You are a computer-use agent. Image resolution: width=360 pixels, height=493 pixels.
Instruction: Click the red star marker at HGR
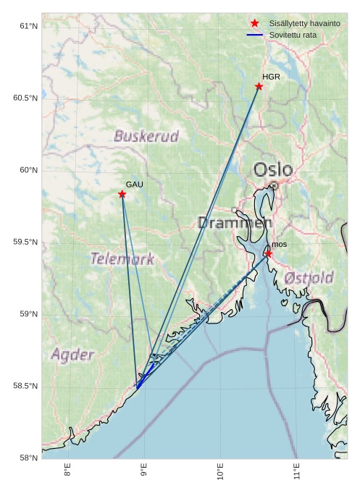pyautogui.click(x=259, y=86)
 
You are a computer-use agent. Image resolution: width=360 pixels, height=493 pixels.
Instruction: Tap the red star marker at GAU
pyautogui.click(x=122, y=194)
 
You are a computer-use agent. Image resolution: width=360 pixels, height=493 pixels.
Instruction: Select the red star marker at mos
pyautogui.click(x=268, y=253)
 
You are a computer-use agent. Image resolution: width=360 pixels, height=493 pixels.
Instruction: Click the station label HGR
pyautogui.click(x=271, y=76)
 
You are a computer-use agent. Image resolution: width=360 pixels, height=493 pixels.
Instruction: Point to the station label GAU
pyautogui.click(x=134, y=185)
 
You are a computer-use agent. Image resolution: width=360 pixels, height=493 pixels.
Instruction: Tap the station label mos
pyautogui.click(x=280, y=244)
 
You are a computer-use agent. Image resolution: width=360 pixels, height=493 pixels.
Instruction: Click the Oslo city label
pyautogui.click(x=273, y=170)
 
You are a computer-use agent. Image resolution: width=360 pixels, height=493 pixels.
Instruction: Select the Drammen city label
pyautogui.click(x=235, y=223)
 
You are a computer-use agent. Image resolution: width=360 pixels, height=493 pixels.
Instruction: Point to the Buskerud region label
pyautogui.click(x=146, y=136)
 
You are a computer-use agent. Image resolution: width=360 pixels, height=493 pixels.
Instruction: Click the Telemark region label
pyautogui.click(x=122, y=258)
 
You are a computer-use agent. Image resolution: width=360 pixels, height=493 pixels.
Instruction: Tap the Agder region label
pyautogui.click(x=72, y=355)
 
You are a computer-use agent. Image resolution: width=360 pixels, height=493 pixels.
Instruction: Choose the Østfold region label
pyautogui.click(x=309, y=277)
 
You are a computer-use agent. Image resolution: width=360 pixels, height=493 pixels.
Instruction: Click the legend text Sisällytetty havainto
pyautogui.click(x=304, y=23)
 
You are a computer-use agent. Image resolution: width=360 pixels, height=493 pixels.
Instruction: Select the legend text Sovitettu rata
pyautogui.click(x=293, y=35)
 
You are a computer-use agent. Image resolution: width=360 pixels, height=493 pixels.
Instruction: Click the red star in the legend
pyautogui.click(x=254, y=23)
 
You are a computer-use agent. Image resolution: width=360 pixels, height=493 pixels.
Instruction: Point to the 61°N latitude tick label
pyautogui.click(x=28, y=26)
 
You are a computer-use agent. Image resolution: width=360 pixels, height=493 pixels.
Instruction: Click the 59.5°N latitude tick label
pyautogui.click(x=25, y=242)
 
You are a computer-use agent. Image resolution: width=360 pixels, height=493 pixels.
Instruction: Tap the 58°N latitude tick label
pyautogui.click(x=28, y=458)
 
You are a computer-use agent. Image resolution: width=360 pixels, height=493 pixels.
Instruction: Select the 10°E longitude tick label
pyautogui.click(x=220, y=473)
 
